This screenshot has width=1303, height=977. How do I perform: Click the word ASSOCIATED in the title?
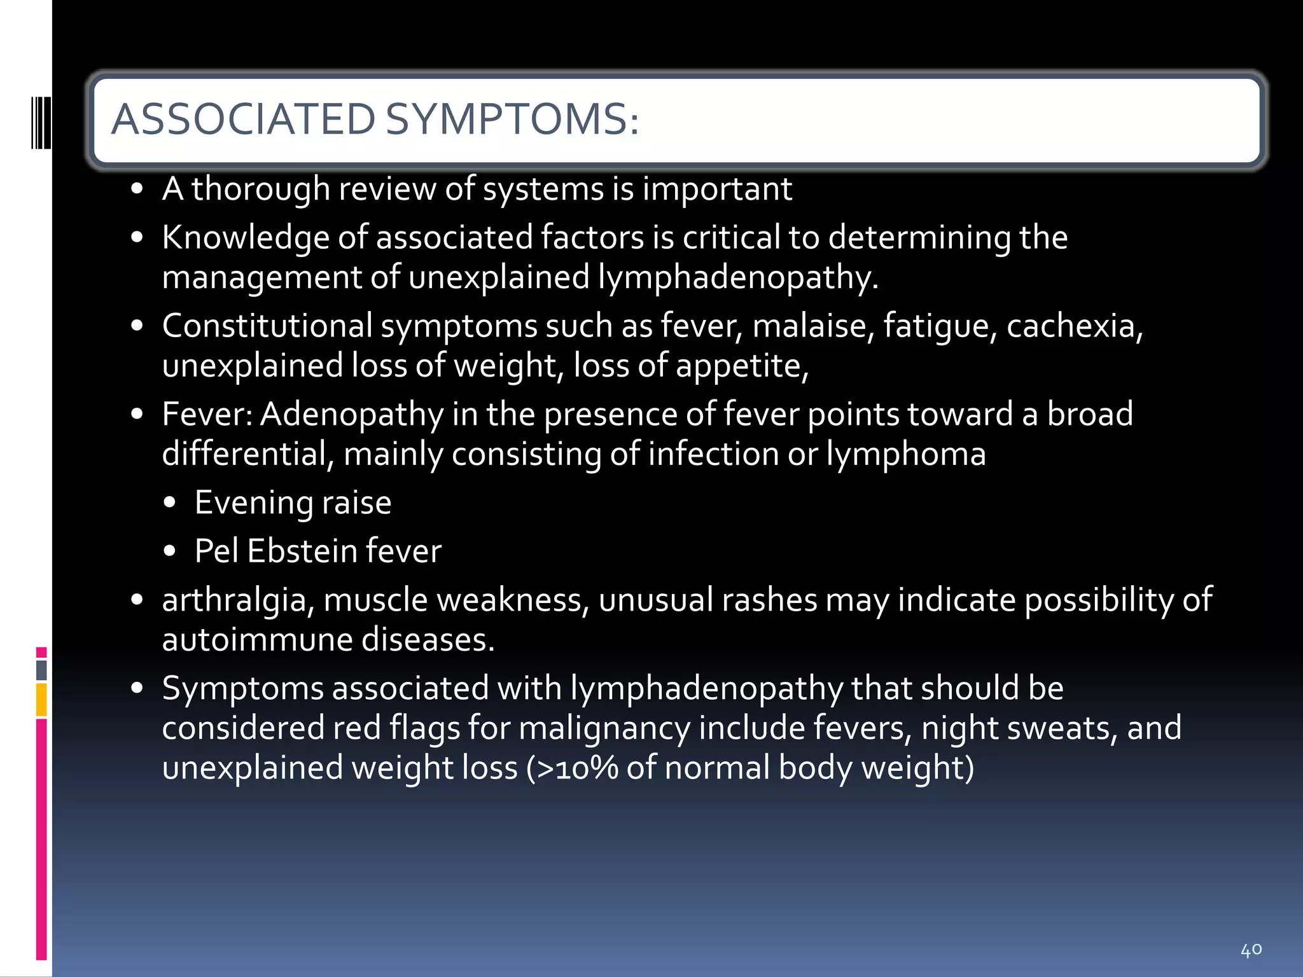243,120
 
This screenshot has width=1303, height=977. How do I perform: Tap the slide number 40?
1251,950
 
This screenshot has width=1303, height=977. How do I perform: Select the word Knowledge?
246,238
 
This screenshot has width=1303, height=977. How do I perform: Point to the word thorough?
261,189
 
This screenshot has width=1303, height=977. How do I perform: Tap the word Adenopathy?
352,414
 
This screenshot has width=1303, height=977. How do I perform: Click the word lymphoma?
906,454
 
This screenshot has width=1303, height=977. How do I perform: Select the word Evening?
253,502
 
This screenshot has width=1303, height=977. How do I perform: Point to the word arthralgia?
238,600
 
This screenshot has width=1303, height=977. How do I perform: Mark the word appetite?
741,366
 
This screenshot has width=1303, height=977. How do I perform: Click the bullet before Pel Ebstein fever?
169,551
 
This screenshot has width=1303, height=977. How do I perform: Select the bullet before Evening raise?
169,503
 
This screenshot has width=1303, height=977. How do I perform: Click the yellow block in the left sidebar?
41,700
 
